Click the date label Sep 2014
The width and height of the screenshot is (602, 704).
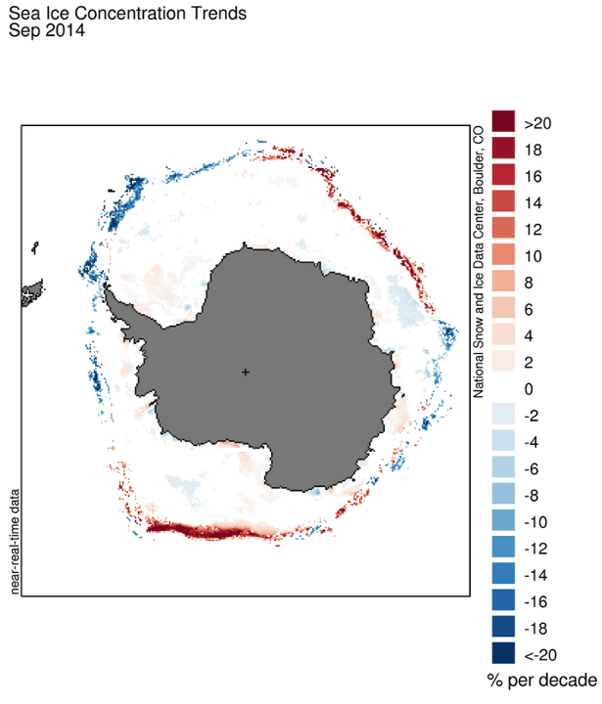click(47, 30)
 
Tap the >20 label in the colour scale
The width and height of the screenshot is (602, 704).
click(538, 123)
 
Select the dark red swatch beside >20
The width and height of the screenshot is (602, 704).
click(503, 122)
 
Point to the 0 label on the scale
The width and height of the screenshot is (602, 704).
click(529, 389)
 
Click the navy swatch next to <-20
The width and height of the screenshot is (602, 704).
click(503, 653)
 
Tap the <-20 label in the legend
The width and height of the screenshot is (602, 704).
click(540, 654)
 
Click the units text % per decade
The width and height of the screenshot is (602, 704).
click(540, 681)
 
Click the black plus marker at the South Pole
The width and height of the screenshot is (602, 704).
click(245, 372)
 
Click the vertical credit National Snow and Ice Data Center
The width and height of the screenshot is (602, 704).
click(480, 264)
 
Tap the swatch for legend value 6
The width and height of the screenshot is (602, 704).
click(503, 309)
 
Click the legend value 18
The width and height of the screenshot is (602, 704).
click(533, 150)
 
